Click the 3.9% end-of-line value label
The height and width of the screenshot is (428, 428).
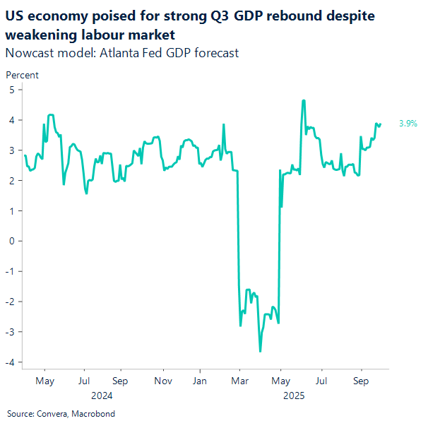[408, 124]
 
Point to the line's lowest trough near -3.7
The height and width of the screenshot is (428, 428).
[260, 351]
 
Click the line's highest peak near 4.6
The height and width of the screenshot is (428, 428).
[303, 100]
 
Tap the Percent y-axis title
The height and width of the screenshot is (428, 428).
[22, 75]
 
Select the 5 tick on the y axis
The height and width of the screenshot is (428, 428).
[12, 90]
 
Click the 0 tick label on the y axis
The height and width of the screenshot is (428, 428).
[12, 241]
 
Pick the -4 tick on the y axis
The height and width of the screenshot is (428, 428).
[11, 362]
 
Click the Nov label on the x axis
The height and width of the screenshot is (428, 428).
[163, 381]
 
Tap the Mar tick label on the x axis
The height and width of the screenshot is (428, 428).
[239, 381]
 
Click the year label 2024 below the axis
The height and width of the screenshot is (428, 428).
[102, 396]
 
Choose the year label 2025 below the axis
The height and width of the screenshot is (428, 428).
[294, 396]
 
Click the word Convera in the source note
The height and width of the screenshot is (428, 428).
[50, 414]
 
